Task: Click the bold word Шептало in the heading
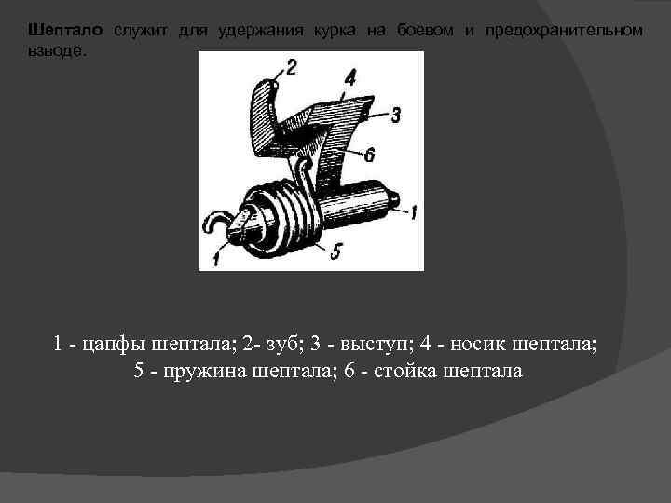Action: [x=65, y=31]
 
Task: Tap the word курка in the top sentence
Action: [x=335, y=31]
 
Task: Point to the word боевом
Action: [x=425, y=31]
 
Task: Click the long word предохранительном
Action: [x=564, y=31]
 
